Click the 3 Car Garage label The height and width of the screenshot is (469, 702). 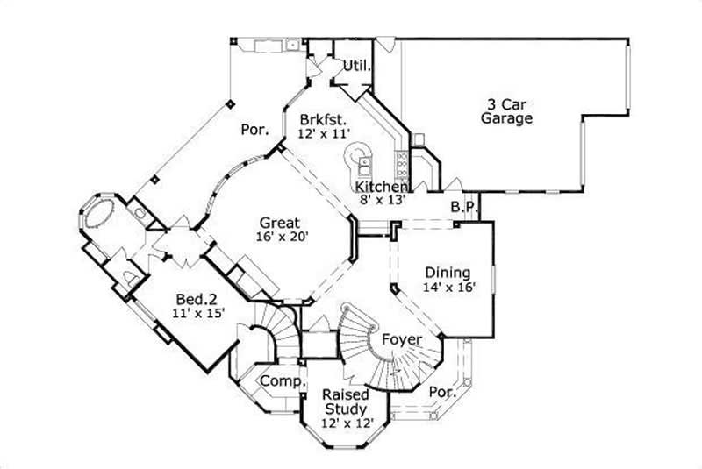coord(506,110)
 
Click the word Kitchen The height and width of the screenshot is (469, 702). coord(381,187)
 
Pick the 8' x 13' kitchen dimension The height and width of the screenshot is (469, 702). coord(381,201)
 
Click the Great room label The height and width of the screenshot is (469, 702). coord(280,223)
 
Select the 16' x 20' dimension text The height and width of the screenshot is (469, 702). coord(280,237)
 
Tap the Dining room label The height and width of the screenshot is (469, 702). coord(448,273)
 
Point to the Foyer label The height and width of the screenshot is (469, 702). coord(402,339)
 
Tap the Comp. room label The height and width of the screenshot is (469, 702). coord(282,382)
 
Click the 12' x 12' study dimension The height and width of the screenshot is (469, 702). coord(344,423)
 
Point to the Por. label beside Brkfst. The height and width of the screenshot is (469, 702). coord(254,130)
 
